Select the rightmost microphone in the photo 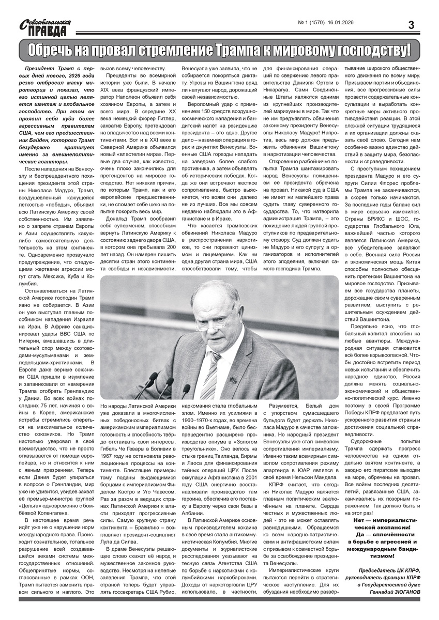tap(185, 389)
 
